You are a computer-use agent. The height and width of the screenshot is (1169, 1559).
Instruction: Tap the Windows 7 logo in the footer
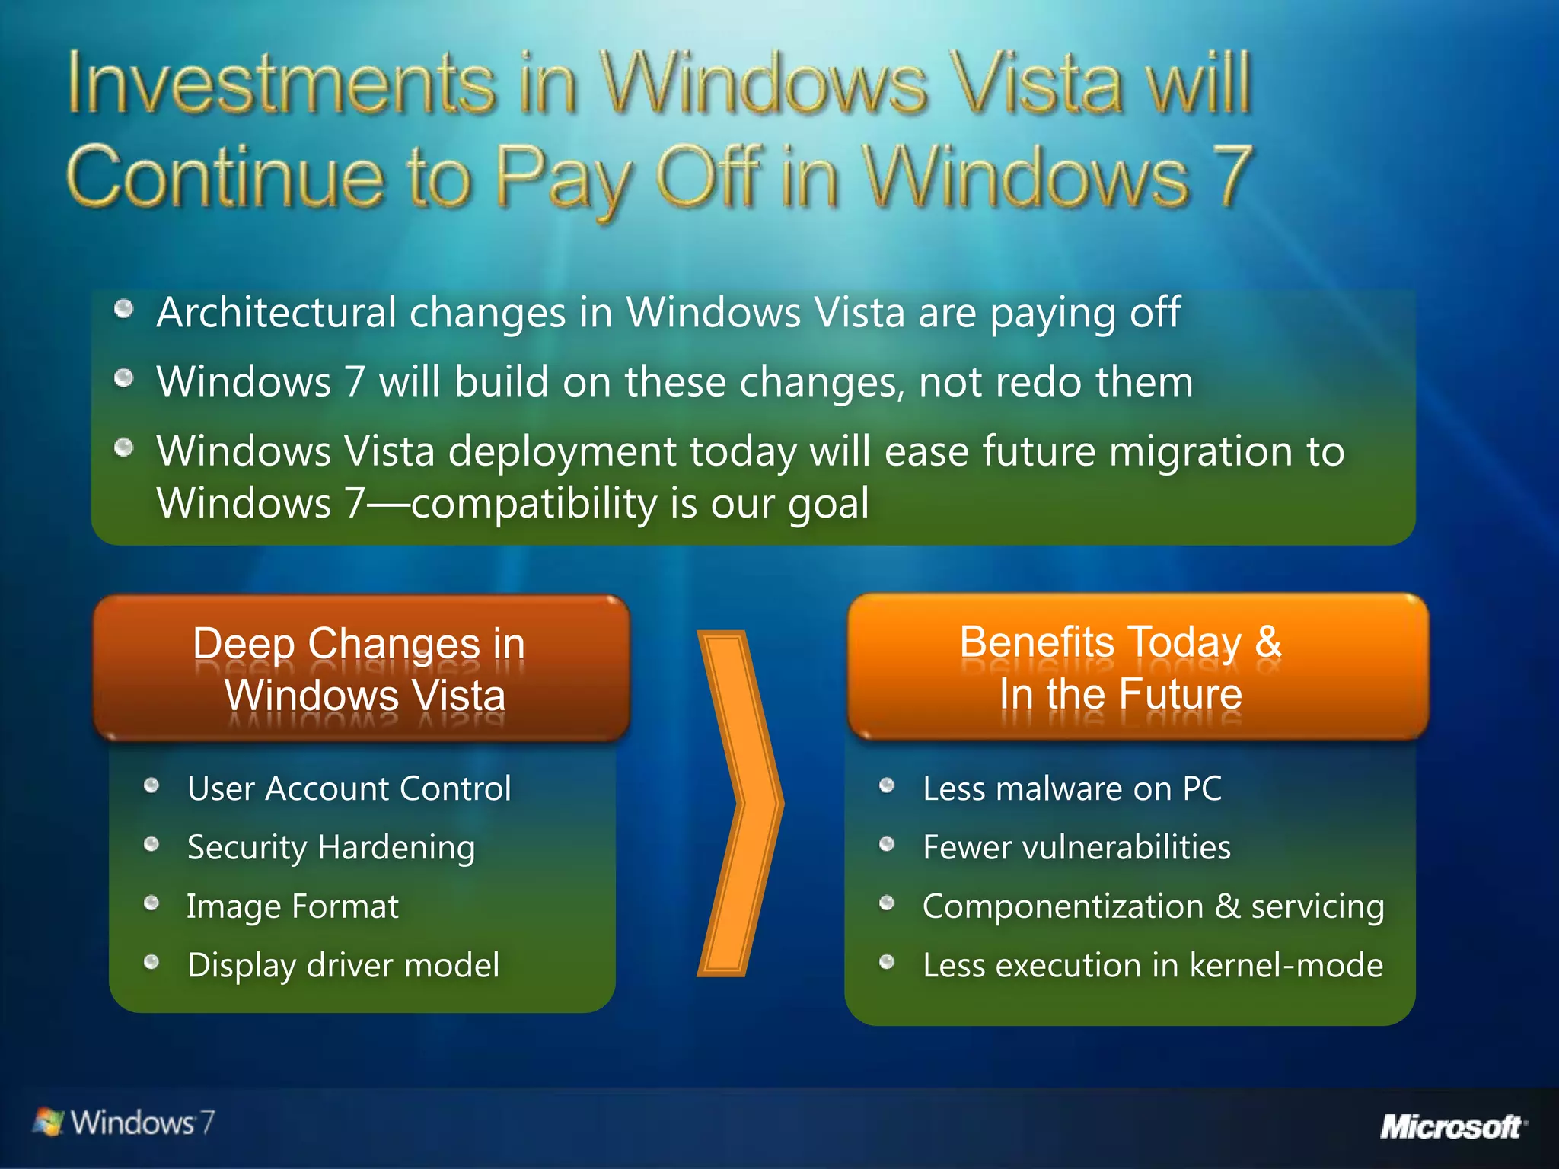coord(124,1123)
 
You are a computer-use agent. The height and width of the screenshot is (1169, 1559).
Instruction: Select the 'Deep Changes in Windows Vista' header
coord(361,669)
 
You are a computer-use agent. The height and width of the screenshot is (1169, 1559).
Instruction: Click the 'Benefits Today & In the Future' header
coord(1121,667)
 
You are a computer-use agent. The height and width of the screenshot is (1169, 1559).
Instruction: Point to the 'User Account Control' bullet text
coord(349,788)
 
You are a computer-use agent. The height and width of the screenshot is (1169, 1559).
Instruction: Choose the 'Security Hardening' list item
coord(331,847)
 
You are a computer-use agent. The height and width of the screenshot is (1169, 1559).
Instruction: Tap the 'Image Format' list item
coord(292,906)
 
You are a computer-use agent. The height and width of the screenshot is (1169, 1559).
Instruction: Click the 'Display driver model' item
coord(343,965)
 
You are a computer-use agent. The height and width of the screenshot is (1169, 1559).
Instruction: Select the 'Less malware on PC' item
coord(1072,788)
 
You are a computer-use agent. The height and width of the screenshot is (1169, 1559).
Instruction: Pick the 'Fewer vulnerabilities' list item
coord(1076,847)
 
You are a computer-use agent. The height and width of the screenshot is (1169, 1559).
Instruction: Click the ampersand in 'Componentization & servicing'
coord(1227,906)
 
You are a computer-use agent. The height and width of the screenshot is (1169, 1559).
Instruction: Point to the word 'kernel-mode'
coord(1286,965)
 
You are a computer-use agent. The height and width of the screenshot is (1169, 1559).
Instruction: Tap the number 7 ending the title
coord(1232,176)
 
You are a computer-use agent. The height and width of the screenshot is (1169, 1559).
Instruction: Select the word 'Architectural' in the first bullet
coord(276,313)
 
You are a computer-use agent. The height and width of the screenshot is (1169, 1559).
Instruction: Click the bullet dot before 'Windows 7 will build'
coord(124,378)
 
